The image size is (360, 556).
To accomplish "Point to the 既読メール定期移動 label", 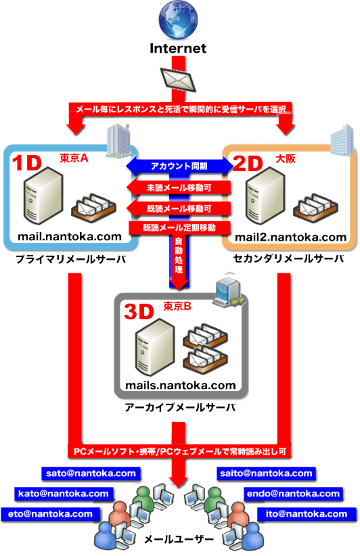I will (x=179, y=227).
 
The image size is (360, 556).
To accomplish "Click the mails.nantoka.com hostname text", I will (x=181, y=385).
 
